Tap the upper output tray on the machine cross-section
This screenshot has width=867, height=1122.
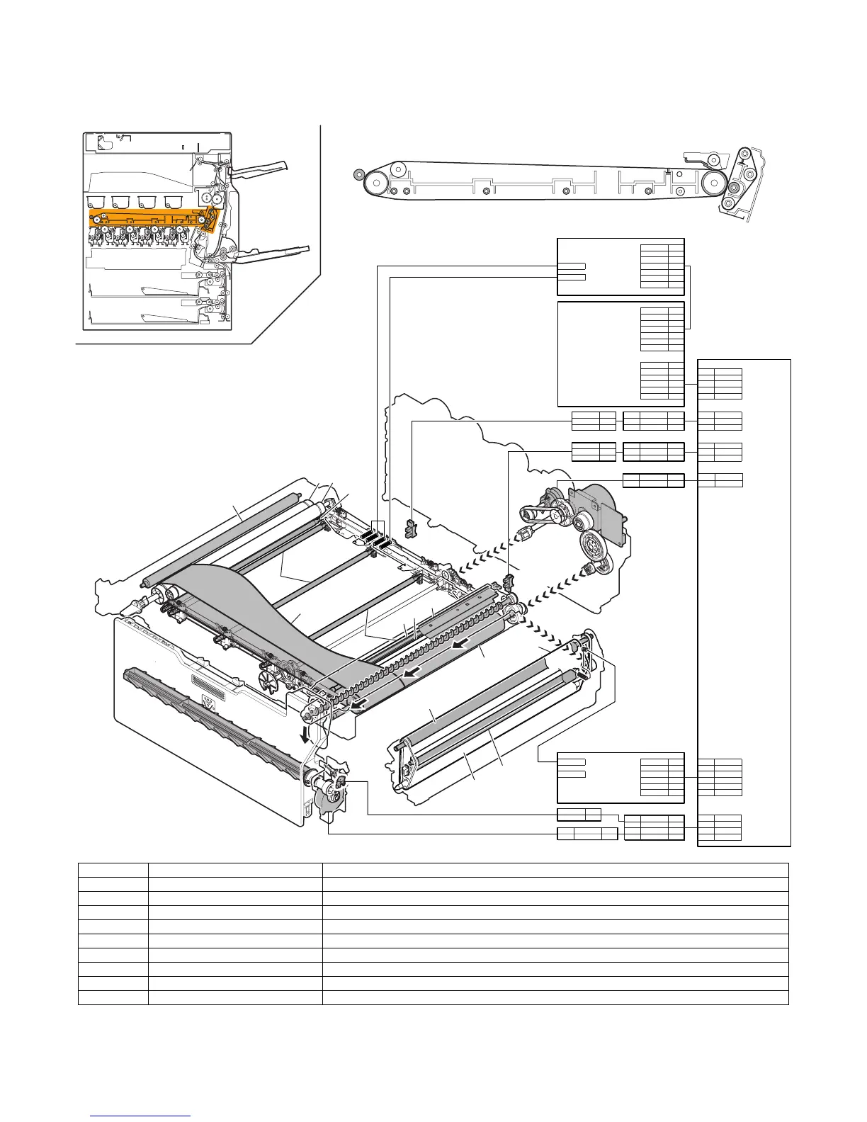coord(260,169)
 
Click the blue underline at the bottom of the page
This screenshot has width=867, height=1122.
coord(141,1116)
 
